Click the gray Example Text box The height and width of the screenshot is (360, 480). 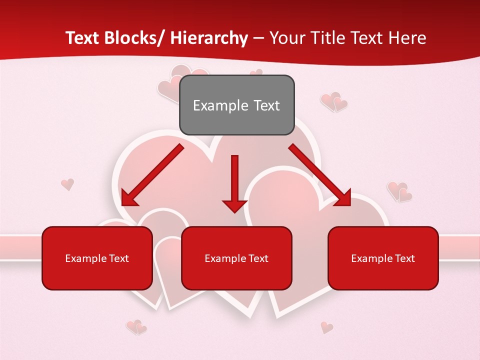(236, 105)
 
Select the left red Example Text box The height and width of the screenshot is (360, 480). (97, 258)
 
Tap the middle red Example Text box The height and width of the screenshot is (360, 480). (236, 258)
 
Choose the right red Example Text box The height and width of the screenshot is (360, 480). (383, 258)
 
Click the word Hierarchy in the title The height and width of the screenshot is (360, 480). (209, 38)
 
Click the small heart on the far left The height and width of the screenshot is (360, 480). (67, 184)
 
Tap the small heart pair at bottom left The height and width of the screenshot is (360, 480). (136, 327)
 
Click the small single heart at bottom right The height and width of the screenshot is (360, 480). (326, 327)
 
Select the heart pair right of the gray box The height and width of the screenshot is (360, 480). (333, 101)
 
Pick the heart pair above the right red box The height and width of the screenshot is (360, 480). (399, 191)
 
